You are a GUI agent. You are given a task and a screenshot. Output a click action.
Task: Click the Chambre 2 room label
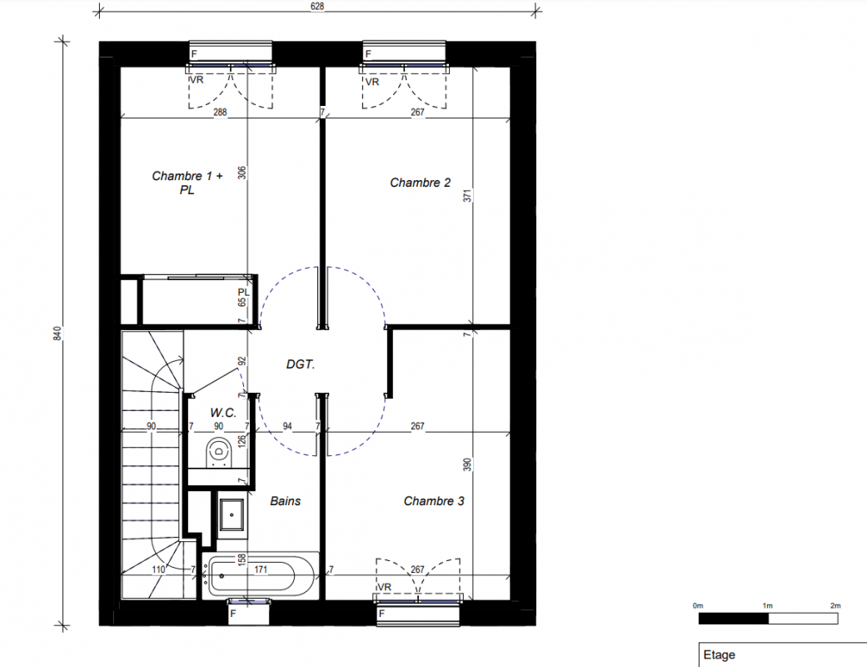point(421,183)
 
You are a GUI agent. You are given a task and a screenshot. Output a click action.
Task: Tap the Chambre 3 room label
point(434,501)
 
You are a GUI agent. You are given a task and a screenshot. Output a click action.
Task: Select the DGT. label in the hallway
point(300,364)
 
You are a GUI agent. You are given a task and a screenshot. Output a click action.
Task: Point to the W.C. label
point(223,413)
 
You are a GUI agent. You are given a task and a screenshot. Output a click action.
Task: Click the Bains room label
point(286,501)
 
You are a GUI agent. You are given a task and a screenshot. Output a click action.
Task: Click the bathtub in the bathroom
point(261,575)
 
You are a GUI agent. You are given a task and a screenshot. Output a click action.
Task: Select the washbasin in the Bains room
point(232,514)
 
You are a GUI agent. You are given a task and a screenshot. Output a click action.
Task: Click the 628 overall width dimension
point(317,7)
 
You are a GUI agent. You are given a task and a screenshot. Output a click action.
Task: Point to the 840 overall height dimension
point(57,333)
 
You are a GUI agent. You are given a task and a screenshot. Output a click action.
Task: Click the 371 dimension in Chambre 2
point(468,195)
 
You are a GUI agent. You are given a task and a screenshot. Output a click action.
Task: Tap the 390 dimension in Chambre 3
point(468,464)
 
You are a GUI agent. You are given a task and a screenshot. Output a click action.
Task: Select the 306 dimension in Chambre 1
point(242,173)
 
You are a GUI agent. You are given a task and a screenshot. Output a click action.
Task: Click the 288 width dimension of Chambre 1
point(220,113)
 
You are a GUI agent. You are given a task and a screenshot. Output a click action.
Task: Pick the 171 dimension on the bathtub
point(261,569)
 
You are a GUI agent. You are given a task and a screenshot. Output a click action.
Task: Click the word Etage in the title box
point(720,654)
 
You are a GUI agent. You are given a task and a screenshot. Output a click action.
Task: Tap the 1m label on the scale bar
point(767,605)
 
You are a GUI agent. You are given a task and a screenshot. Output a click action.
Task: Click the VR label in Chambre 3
point(384,587)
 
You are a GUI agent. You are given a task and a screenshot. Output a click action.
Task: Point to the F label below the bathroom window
point(233,614)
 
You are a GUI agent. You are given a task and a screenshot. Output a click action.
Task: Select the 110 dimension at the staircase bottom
point(158,569)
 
